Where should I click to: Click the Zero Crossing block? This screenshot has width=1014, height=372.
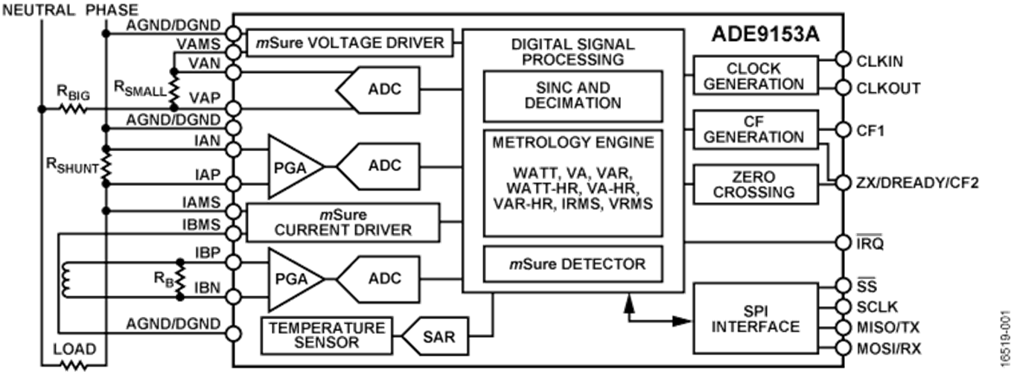[x=754, y=185]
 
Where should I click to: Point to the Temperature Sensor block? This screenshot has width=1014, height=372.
[x=328, y=335]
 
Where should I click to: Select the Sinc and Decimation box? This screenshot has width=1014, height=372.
[x=573, y=96]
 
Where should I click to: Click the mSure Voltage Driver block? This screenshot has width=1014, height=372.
[x=350, y=42]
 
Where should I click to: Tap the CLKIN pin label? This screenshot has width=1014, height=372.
[x=879, y=60]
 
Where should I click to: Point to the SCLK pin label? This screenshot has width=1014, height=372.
[x=878, y=307]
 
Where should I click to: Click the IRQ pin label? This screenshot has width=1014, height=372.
[x=870, y=243]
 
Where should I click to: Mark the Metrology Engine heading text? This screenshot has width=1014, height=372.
[x=573, y=142]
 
